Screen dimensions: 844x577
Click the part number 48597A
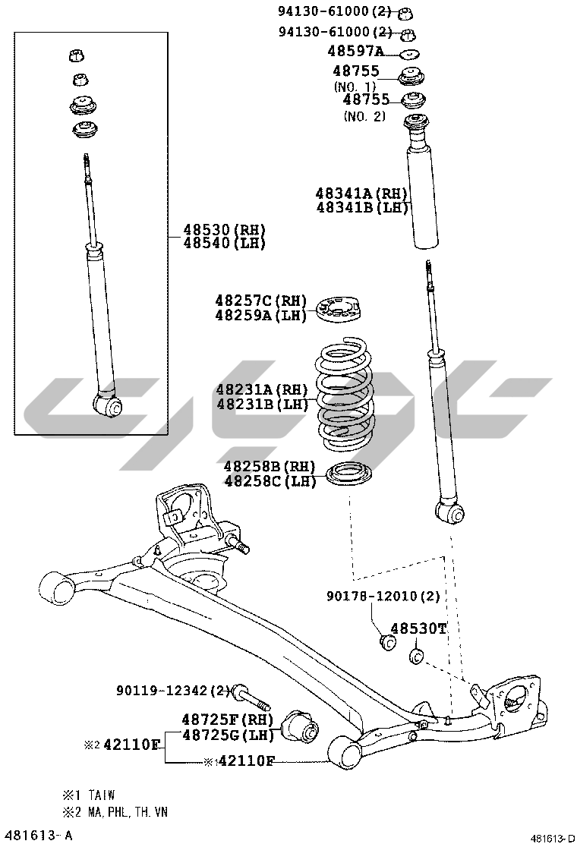[356, 52]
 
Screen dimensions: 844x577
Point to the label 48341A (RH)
[362, 194]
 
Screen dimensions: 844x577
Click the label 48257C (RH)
[260, 301]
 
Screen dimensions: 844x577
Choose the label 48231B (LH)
[262, 405]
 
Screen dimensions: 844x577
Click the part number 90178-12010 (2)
[383, 597]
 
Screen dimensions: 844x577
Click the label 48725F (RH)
[226, 719]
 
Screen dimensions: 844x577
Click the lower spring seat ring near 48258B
[348, 474]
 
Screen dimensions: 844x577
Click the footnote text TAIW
[101, 795]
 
